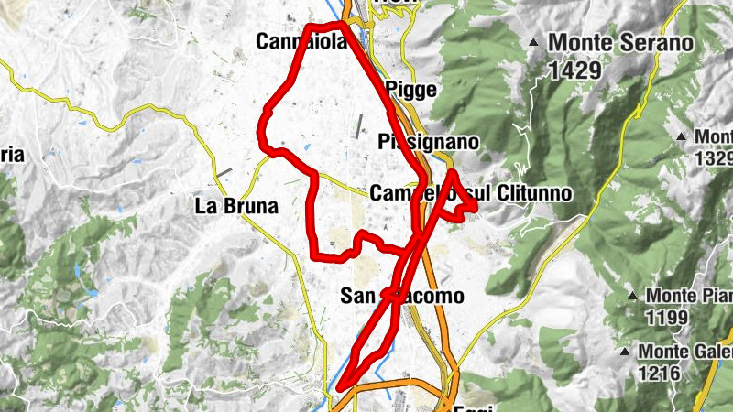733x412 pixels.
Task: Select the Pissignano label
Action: click(x=428, y=143)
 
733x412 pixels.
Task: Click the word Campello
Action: click(x=409, y=193)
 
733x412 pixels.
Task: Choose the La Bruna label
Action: click(x=236, y=206)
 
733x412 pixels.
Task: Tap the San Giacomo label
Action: click(x=396, y=296)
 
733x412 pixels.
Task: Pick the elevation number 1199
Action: click(x=666, y=318)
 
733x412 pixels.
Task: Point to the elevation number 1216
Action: click(x=659, y=374)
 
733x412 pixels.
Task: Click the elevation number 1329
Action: click(x=714, y=157)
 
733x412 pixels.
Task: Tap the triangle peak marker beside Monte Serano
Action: click(x=534, y=42)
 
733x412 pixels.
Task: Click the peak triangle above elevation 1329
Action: click(x=682, y=136)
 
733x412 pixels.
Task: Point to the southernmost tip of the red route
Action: click(x=339, y=390)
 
